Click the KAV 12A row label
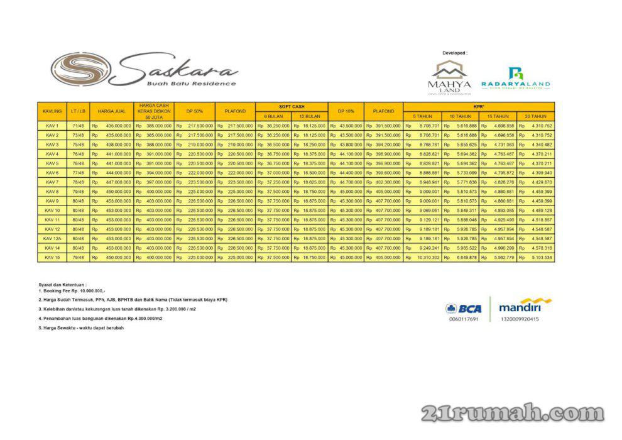[52, 239]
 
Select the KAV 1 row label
[52, 126]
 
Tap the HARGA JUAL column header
[112, 111]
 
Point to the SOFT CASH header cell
[292, 106]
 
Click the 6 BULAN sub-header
[273, 116]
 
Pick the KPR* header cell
[479, 106]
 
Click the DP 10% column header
[346, 111]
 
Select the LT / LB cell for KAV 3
[79, 145]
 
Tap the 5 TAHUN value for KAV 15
[423, 258]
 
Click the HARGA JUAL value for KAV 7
[112, 182]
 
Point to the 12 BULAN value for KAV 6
[310, 173]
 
